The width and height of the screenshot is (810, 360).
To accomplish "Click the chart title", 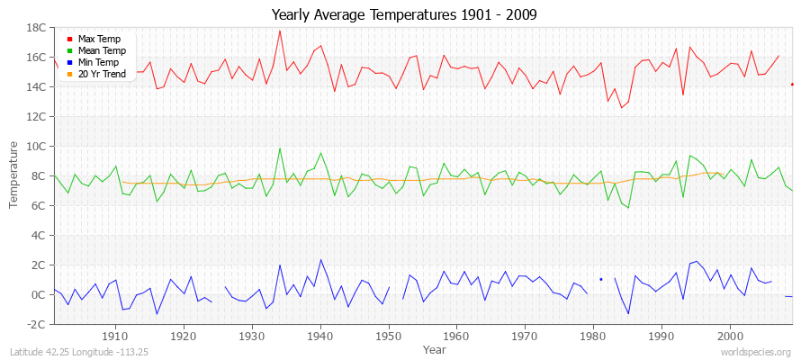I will click(405, 17).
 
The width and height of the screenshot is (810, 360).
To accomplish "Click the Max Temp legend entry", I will click(98, 39).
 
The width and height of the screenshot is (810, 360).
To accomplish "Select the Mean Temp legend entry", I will click(100, 50).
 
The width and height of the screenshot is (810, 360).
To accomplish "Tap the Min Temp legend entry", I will click(98, 62).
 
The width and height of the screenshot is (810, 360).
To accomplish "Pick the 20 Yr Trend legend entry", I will click(100, 74).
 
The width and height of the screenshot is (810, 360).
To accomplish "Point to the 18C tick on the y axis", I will click(37, 28).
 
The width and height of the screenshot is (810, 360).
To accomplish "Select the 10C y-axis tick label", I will click(37, 147).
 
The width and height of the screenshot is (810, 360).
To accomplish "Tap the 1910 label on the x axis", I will click(115, 336).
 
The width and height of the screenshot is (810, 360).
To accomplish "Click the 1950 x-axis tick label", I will click(389, 336).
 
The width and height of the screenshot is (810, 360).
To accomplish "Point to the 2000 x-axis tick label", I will click(730, 336).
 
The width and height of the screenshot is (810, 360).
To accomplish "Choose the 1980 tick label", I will click(593, 336).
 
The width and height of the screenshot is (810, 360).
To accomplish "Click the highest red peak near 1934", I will click(280, 31).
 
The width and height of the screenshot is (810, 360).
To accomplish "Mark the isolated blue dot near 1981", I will click(601, 279).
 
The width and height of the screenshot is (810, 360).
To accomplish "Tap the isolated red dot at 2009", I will click(792, 85).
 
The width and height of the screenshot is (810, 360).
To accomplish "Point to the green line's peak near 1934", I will click(280, 148).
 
